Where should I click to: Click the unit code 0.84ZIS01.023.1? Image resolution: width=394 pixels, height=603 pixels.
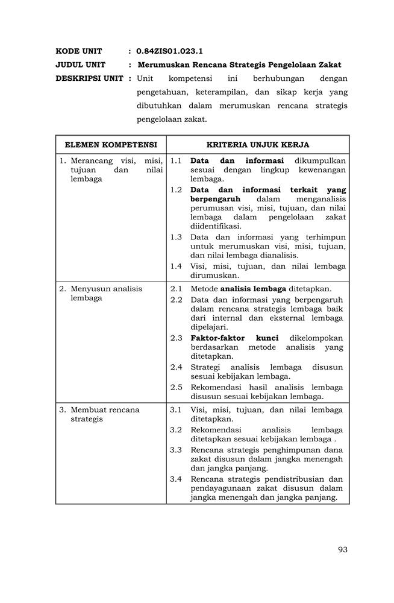click(x=169, y=51)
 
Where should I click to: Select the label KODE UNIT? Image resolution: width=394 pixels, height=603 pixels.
click(x=79, y=51)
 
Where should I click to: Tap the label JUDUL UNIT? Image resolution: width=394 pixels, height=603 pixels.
click(x=81, y=65)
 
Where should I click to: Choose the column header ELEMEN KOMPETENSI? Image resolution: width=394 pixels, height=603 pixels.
click(x=111, y=145)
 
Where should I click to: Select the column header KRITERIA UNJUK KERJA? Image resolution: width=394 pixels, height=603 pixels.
click(x=258, y=145)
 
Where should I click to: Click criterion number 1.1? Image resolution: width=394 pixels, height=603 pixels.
click(x=176, y=161)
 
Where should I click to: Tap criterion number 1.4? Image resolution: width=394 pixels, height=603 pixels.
click(x=176, y=266)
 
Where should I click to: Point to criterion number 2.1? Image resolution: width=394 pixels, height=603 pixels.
click(x=176, y=289)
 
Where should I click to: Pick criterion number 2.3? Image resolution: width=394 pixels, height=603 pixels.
click(x=176, y=338)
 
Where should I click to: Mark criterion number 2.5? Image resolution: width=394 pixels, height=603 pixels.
click(x=176, y=387)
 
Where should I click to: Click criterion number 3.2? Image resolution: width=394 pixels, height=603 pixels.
click(x=176, y=430)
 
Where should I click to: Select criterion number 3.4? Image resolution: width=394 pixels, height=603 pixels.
click(x=176, y=479)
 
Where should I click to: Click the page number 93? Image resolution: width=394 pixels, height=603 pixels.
click(x=343, y=549)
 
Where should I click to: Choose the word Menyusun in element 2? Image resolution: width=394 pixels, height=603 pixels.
click(x=89, y=289)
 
